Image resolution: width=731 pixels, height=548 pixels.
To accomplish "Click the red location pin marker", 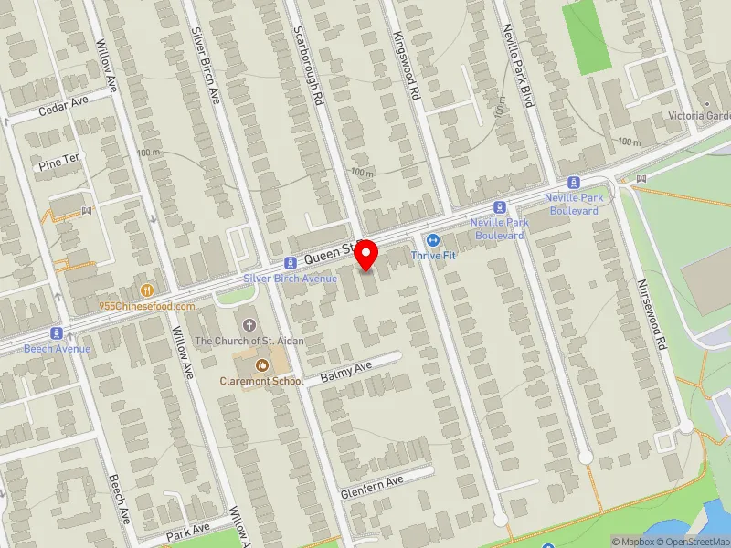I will click(x=366, y=254).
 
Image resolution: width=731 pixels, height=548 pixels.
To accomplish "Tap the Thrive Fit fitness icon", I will click(x=433, y=240).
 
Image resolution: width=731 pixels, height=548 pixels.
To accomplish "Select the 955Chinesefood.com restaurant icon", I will click(x=146, y=290).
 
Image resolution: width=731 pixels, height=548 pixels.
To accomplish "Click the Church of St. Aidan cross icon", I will click(x=249, y=324).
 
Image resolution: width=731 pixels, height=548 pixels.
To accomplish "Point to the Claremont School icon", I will click(x=249, y=364).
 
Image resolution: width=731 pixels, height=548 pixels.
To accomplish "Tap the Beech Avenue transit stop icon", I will click(x=57, y=333).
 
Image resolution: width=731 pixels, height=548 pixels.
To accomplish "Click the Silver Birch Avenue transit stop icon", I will click(x=289, y=262).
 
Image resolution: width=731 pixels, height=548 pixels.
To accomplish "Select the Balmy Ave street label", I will click(x=347, y=370).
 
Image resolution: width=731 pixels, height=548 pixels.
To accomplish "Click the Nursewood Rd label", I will click(x=651, y=315).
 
